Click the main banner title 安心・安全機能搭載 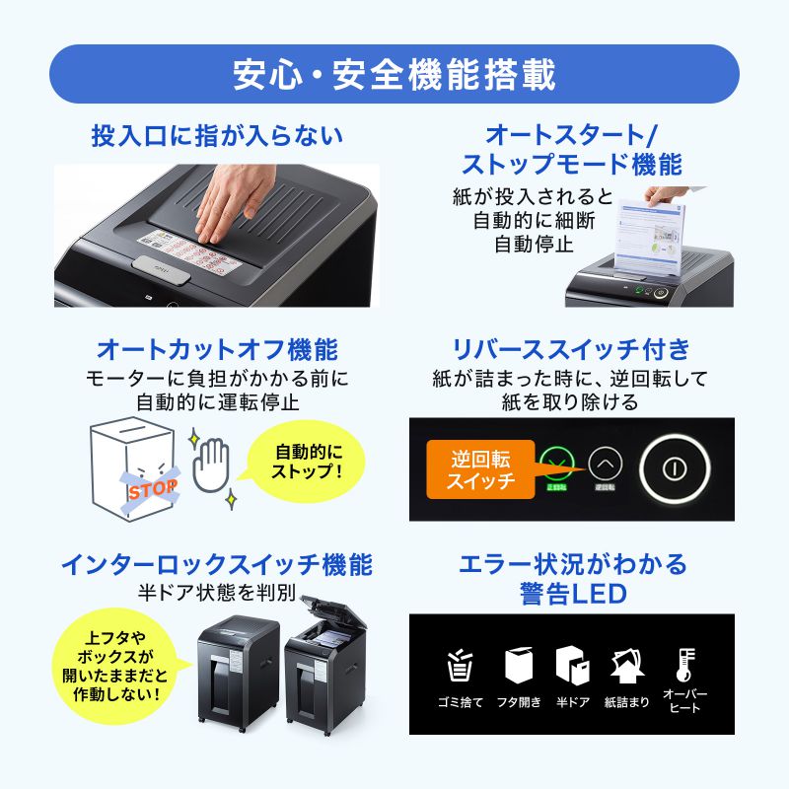[x=394, y=74]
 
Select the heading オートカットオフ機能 [x=217, y=350]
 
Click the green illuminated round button [x=557, y=463]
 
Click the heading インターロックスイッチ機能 [x=217, y=565]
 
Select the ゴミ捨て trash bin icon [x=460, y=667]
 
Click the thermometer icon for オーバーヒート [x=683, y=663]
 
